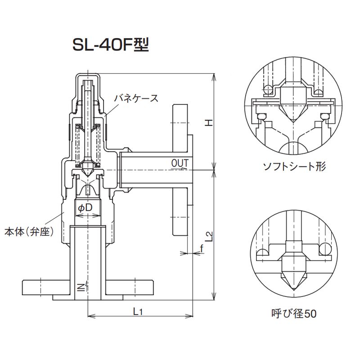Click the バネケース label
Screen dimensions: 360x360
tap(135, 98)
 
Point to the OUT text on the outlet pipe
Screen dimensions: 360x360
tap(180, 162)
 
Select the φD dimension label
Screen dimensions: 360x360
tap(85, 207)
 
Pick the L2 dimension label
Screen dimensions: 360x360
tap(208, 236)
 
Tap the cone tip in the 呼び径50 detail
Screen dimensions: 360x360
tap(294, 287)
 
